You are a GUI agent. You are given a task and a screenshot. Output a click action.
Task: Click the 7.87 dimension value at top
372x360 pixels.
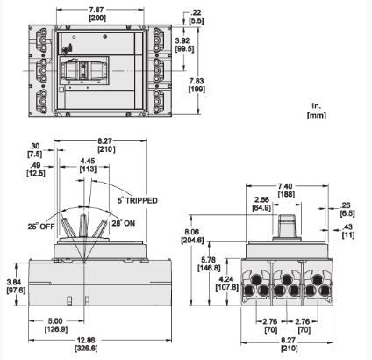pos(97,10)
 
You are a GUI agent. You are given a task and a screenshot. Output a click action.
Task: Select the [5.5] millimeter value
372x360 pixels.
pos(197,20)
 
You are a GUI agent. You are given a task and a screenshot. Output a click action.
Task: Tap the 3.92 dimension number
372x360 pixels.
pos(184,40)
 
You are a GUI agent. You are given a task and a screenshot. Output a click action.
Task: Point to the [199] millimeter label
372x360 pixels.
pos(197,89)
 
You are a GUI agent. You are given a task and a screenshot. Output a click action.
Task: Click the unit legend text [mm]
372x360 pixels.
pos(317,115)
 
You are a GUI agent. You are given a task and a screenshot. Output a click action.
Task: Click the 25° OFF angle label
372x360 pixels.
pos(41,227)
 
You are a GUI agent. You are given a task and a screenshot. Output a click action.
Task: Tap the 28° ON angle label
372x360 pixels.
pos(124,223)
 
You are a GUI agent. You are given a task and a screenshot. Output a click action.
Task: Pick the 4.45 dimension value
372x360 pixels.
pos(88,161)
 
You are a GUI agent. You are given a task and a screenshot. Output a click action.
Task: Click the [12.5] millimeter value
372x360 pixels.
pos(36,173)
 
